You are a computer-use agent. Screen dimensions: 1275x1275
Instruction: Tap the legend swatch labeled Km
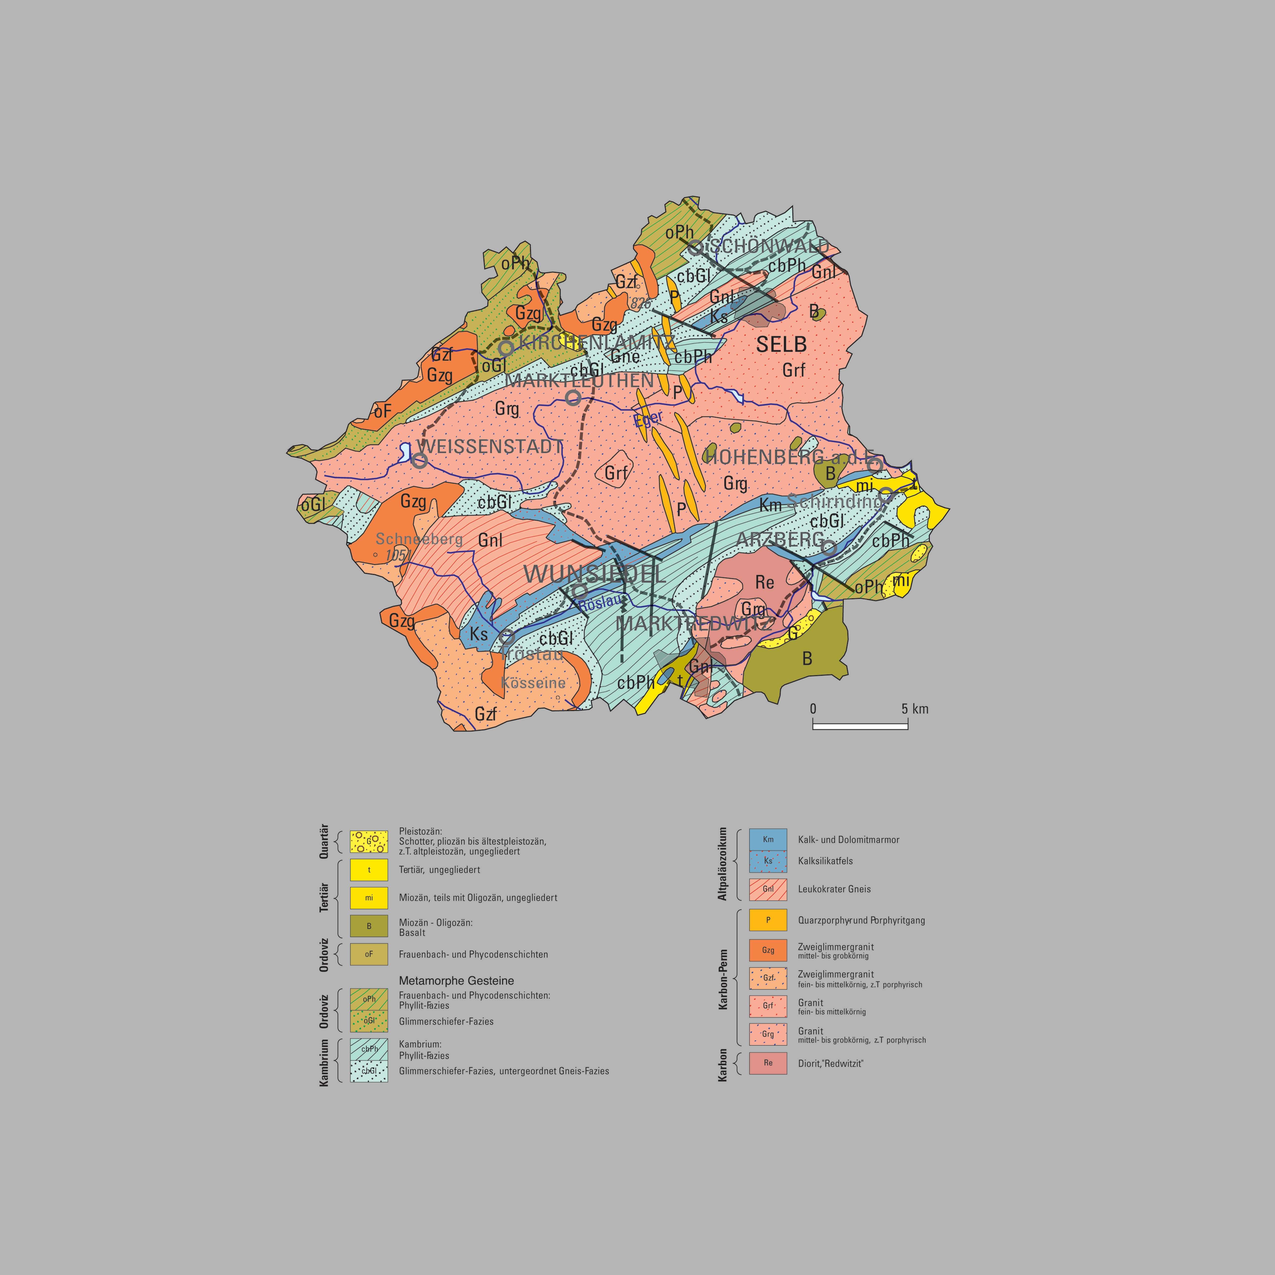point(768,840)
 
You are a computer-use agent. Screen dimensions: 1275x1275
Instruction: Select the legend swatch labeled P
point(768,920)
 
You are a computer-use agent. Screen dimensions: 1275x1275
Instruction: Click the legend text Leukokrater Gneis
point(834,889)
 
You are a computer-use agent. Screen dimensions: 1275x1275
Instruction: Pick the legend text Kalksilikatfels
point(825,861)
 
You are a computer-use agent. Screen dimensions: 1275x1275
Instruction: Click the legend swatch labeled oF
point(369,954)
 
